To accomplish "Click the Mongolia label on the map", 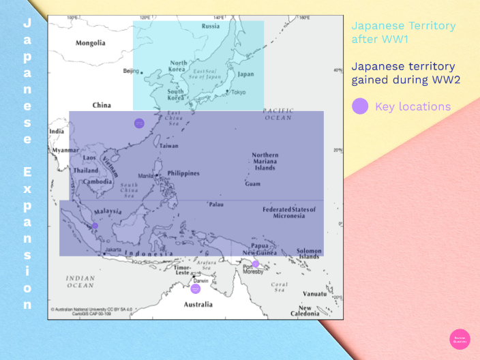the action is tap(91, 43).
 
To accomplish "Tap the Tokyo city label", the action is tap(239, 92).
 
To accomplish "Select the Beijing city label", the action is tap(130, 70).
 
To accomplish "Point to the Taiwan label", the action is tap(168, 146).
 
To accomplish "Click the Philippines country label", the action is tap(183, 173).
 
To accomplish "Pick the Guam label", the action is tap(253, 184).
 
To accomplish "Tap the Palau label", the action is tap(216, 204).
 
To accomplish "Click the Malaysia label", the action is tap(108, 211).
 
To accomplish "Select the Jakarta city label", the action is tap(113, 250).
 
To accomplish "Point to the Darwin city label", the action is tap(200, 281).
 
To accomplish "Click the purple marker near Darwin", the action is tap(196, 288).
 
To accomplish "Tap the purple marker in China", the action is tap(139, 123).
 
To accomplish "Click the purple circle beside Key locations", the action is tap(360, 106).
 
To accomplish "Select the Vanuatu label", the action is tap(314, 293).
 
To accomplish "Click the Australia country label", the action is tap(200, 304).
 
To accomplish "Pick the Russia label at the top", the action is tap(211, 26).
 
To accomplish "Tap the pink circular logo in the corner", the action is tap(460, 339).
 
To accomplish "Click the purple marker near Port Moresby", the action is tap(256, 264).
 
